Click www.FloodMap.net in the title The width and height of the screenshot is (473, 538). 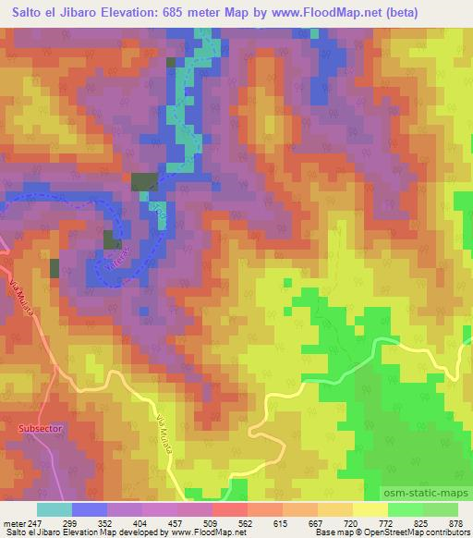tap(320, 13)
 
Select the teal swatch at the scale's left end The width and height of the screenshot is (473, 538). tap(54, 509)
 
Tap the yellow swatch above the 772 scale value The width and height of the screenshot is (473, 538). tap(370, 509)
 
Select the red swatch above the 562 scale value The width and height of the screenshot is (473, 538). tap(230, 509)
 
